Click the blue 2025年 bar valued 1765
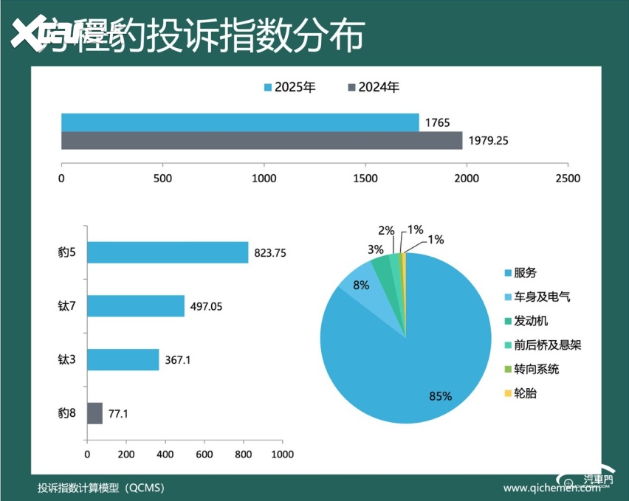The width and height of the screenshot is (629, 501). click(x=240, y=122)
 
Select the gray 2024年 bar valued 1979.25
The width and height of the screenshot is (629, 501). click(x=261, y=140)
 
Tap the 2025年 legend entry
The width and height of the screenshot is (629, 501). click(x=290, y=88)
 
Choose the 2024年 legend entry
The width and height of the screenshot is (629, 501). click(x=374, y=88)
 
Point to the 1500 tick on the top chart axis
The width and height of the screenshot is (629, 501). click(x=365, y=179)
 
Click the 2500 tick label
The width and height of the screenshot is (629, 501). click(x=567, y=179)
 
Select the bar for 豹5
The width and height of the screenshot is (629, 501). click(x=168, y=252)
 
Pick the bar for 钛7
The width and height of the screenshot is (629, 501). click(x=136, y=305)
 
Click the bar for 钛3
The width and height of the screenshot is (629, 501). click(x=123, y=359)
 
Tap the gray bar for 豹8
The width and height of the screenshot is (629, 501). click(x=94, y=413)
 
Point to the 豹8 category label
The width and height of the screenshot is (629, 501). click(x=67, y=414)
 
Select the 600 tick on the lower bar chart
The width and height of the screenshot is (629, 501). click(x=204, y=454)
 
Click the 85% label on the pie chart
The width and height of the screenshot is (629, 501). click(x=440, y=396)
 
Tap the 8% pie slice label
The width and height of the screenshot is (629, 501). click(x=361, y=285)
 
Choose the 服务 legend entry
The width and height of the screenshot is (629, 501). click(x=525, y=274)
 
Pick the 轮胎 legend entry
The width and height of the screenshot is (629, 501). click(x=525, y=393)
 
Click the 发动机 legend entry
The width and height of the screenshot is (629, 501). click(x=530, y=321)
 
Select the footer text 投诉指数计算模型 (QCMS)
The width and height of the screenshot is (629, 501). click(x=101, y=488)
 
